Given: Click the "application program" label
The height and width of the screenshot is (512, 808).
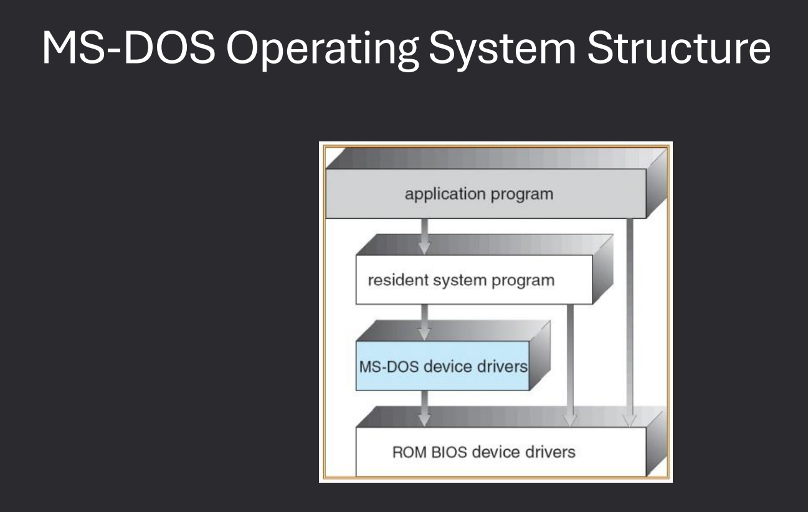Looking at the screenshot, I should coord(478,194).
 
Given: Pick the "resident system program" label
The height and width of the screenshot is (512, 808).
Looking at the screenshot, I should coord(461,280).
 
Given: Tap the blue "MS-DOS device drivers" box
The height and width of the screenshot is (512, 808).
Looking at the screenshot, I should coord(442,366).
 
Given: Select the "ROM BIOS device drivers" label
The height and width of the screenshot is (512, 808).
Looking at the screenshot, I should coord(483,451).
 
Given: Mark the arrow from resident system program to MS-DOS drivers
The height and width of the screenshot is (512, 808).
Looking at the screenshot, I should coord(424,321).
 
